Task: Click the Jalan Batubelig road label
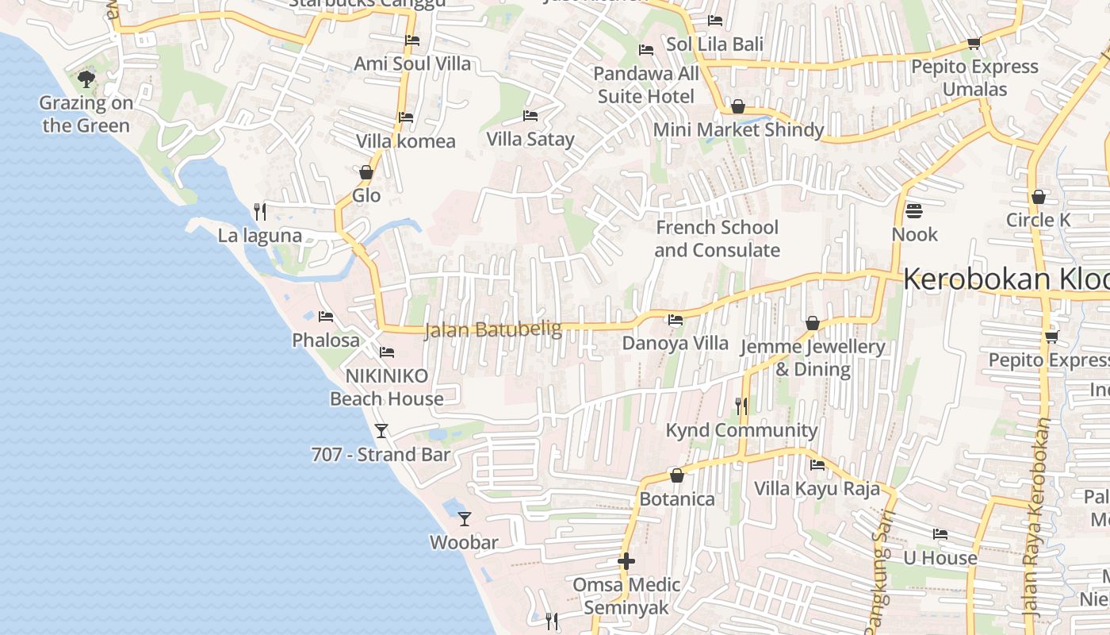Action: pyautogui.click(x=492, y=329)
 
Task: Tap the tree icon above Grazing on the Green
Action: pyautogui.click(x=86, y=79)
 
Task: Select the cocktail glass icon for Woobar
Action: pyautogui.click(x=465, y=519)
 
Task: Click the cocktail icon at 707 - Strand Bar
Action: pyautogui.click(x=381, y=430)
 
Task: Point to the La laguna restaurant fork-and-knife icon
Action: pyautogui.click(x=259, y=211)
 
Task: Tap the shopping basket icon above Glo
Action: pyautogui.click(x=366, y=172)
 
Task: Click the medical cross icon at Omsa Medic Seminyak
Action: pyautogui.click(x=626, y=561)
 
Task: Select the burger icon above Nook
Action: pyautogui.click(x=914, y=211)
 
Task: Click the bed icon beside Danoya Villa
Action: pyautogui.click(x=676, y=320)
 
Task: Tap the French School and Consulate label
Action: pyautogui.click(x=717, y=239)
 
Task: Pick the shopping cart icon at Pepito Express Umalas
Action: pyautogui.click(x=974, y=43)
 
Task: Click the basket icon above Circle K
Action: pyautogui.click(x=1039, y=197)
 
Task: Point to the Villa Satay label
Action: pyautogui.click(x=530, y=140)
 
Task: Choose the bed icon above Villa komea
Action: pyautogui.click(x=406, y=117)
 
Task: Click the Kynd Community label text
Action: pyautogui.click(x=741, y=430)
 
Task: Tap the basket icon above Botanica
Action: pyautogui.click(x=677, y=475)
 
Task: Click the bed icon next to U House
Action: pyautogui.click(x=940, y=534)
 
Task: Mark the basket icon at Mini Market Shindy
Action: pyautogui.click(x=738, y=106)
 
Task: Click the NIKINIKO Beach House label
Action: pyautogui.click(x=387, y=387)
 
